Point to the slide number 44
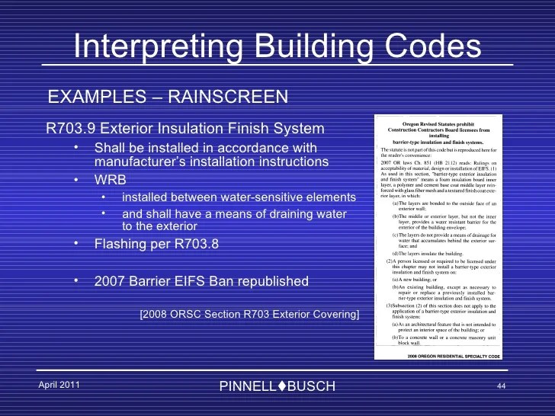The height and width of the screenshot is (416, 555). pos(502,386)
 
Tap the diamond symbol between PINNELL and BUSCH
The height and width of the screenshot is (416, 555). pos(282,386)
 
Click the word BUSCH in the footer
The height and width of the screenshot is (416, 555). pos(311,386)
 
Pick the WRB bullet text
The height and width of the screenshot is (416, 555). pos(111,180)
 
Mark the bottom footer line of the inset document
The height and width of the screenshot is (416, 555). pos(438,355)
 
